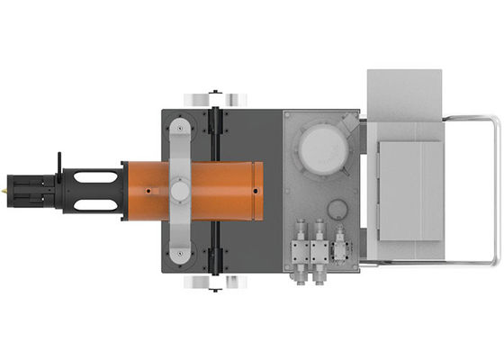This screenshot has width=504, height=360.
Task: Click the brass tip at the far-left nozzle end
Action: (5, 191)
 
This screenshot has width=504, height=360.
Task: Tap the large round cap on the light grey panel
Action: (322, 147)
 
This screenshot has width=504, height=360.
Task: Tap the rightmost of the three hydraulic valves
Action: (340, 242)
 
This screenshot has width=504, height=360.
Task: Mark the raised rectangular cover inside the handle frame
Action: (409, 190)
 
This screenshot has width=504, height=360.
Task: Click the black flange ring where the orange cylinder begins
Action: (122, 190)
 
